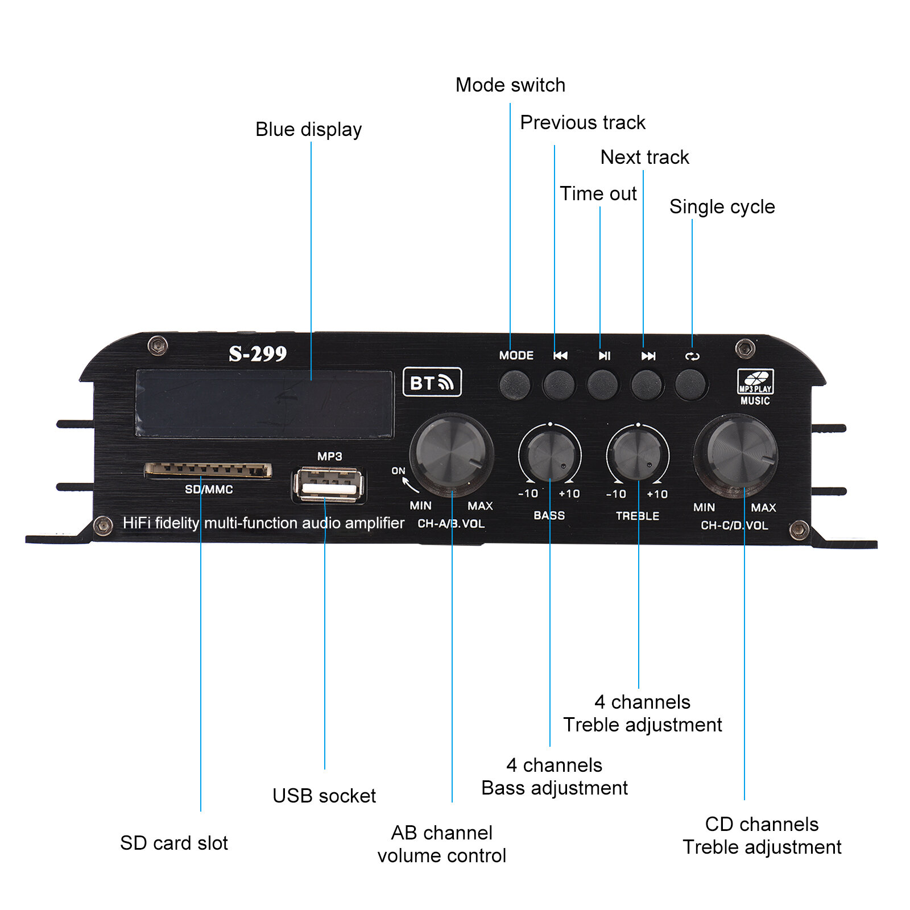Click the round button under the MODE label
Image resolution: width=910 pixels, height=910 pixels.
click(x=515, y=384)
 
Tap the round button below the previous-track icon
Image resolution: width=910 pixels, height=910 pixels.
click(x=559, y=384)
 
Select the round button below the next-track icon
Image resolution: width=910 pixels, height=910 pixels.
click(x=647, y=385)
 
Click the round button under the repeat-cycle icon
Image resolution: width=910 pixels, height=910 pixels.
click(x=690, y=385)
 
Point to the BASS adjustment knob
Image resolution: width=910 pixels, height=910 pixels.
click(x=549, y=455)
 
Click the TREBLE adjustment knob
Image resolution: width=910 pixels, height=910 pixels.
click(x=638, y=455)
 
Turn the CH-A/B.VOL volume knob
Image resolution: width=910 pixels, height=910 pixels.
click(x=452, y=453)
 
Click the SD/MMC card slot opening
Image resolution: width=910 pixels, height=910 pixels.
click(x=208, y=470)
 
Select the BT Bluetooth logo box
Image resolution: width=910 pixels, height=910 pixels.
click(x=432, y=382)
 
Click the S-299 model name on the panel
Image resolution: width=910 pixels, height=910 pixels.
click(x=258, y=354)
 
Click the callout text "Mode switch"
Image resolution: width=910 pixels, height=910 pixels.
click(x=510, y=85)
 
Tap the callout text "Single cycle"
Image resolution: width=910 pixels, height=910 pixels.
click(x=722, y=206)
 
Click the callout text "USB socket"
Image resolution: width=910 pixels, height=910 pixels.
click(x=324, y=795)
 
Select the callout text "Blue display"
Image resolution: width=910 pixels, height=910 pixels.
click(x=308, y=129)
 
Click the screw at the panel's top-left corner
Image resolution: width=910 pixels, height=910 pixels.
click(x=158, y=345)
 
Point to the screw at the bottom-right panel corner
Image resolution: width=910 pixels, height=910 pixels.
click(x=799, y=530)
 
